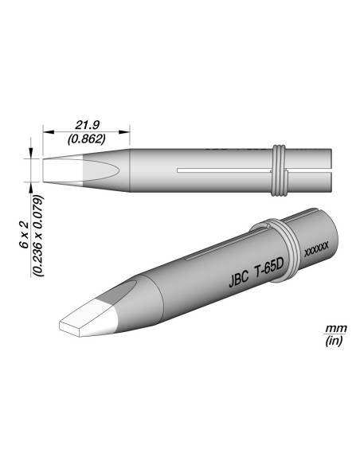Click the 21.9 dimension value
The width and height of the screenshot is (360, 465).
[x=87, y=126]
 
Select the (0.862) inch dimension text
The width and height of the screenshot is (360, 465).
[x=87, y=139]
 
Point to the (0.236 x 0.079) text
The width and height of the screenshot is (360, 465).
[x=38, y=236]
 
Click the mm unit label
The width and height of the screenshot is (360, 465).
[x=336, y=329]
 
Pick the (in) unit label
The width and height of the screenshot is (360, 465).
[x=334, y=342]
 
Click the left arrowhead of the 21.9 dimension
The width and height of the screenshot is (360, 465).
[x=49, y=131]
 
